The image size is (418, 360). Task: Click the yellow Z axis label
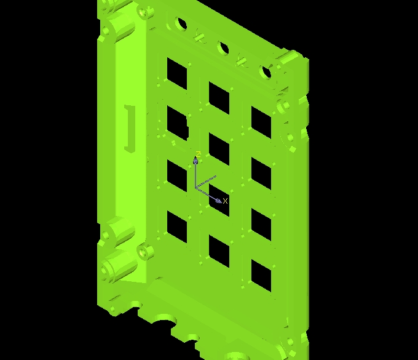pyautogui.click(x=198, y=154)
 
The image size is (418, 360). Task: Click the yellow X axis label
pyautogui.click(x=225, y=201)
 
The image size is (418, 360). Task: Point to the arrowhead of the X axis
pyautogui.click(x=218, y=201)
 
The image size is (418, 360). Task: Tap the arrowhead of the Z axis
pyautogui.click(x=195, y=160)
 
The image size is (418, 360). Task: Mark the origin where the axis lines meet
pyautogui.click(x=196, y=188)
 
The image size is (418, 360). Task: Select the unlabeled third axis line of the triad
pyautogui.click(x=206, y=182)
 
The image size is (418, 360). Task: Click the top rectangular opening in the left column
pyautogui.click(x=177, y=73)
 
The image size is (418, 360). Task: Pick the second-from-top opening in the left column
pyautogui.click(x=178, y=123)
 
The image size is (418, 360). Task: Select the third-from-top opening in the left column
pyautogui.click(x=177, y=176)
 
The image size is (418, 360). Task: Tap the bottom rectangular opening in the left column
pyautogui.click(x=177, y=227)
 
